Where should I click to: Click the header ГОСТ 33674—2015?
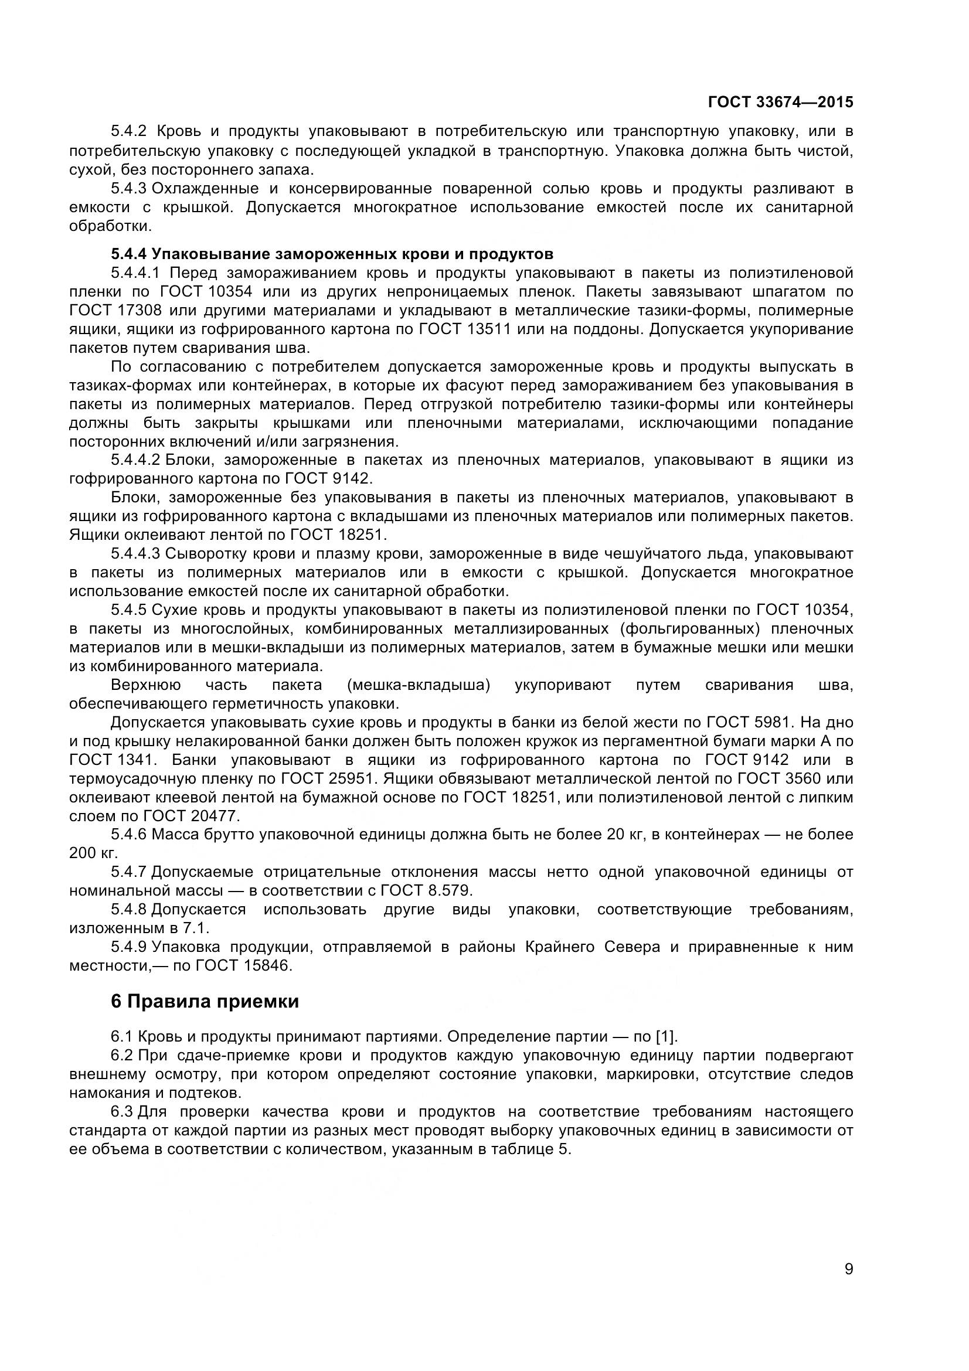pyautogui.click(x=780, y=102)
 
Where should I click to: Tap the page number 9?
pyautogui.click(x=848, y=1285)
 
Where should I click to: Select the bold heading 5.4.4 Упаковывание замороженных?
pyautogui.click(x=332, y=254)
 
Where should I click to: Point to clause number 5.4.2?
pyautogui.click(x=128, y=131)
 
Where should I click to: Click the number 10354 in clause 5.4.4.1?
pyautogui.click(x=230, y=292)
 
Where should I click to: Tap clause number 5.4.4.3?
pyautogui.click(x=135, y=553)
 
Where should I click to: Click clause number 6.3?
pyautogui.click(x=121, y=1112)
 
